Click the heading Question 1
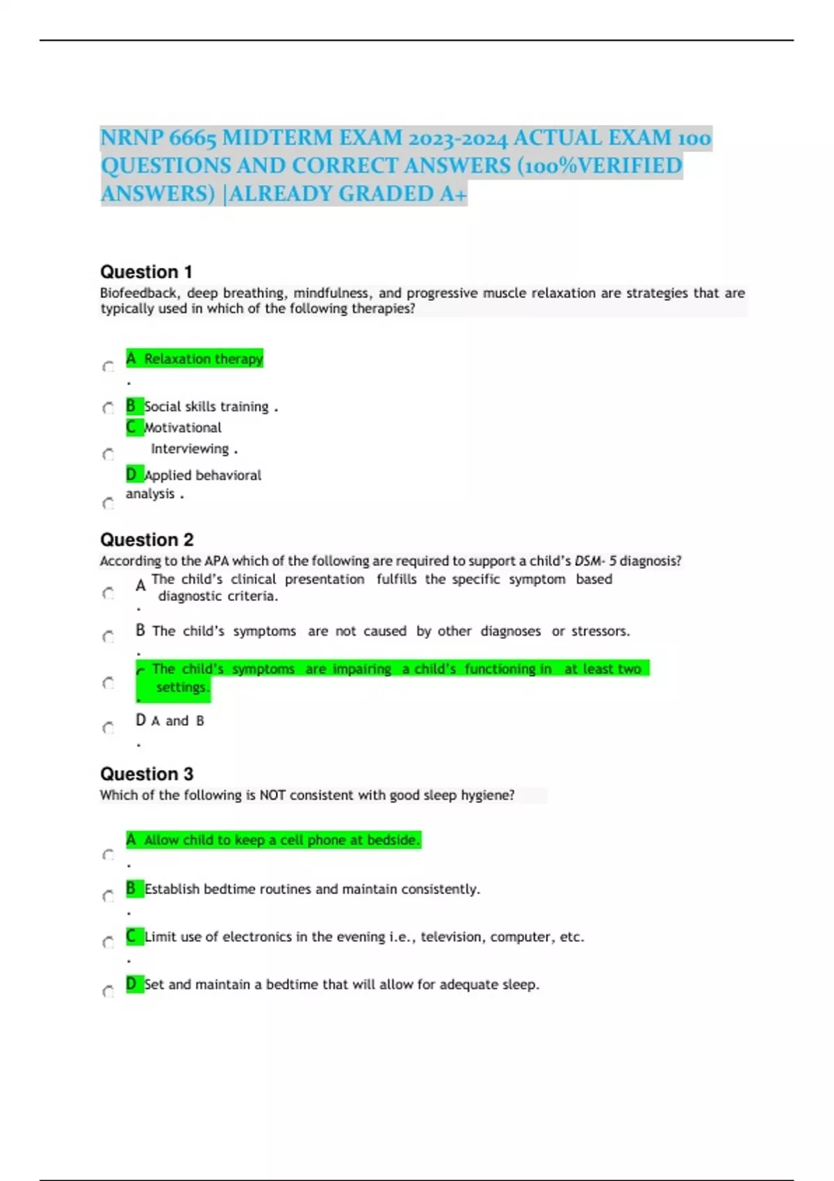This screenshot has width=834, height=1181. pos(146,272)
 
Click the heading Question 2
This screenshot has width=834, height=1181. pos(147,540)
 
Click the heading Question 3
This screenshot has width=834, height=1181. pos(147,774)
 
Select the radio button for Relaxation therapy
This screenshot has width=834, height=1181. pos(108,367)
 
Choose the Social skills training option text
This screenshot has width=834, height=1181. pos(206,406)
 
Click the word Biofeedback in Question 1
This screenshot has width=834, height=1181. pos(138,293)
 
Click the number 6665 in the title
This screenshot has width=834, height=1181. pos(193,138)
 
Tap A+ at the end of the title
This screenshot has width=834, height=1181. pos(453,194)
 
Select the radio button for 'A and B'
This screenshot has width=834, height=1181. pos(108,728)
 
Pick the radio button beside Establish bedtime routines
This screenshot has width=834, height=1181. pos(108,896)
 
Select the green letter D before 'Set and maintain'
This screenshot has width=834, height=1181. pos(131,984)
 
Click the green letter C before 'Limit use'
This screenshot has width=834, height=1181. pos(131,936)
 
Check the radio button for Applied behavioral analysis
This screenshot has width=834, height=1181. pos(108,503)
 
